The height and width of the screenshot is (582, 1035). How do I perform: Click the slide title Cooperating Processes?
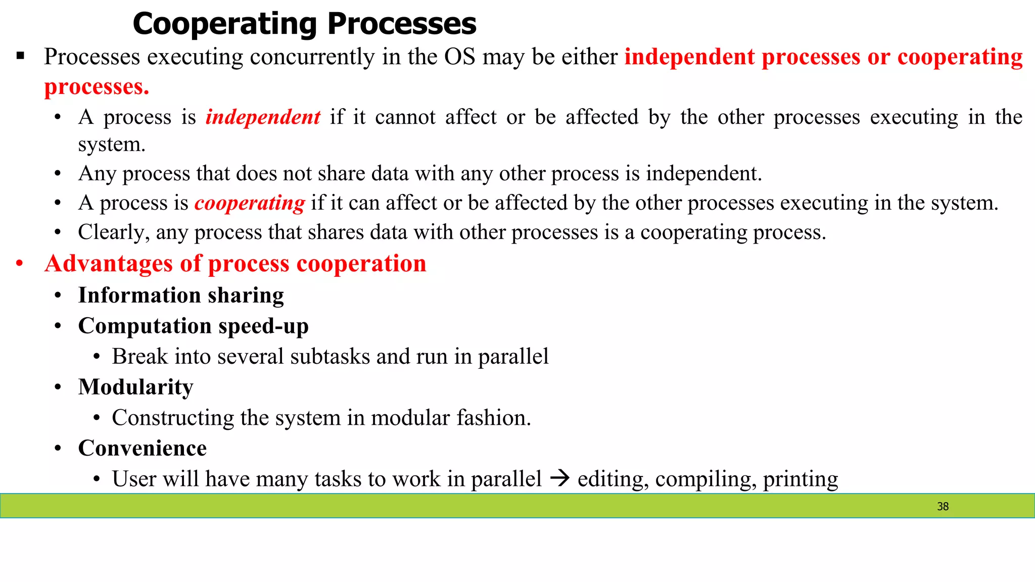[304, 24]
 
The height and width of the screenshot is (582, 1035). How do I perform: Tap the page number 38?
[943, 506]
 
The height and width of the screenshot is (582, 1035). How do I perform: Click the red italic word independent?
[263, 117]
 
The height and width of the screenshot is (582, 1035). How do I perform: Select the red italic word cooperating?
[250, 203]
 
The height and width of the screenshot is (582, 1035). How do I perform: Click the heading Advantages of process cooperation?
[235, 264]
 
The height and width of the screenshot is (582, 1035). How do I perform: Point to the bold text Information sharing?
[181, 296]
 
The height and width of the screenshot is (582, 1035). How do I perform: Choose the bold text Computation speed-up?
[193, 326]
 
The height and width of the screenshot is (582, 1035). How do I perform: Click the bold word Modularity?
[135, 387]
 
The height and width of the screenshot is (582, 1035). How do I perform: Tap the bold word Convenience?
[142, 449]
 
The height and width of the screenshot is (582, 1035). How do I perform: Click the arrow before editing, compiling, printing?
[559, 478]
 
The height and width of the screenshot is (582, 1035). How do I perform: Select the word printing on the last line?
[800, 479]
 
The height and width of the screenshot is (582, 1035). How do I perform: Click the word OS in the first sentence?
[459, 57]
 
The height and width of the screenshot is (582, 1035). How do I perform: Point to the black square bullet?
[20, 56]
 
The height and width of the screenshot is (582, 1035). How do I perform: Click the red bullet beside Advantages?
[19, 264]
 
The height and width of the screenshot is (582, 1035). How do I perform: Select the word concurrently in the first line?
[312, 57]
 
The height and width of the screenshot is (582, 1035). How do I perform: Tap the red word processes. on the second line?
[97, 87]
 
